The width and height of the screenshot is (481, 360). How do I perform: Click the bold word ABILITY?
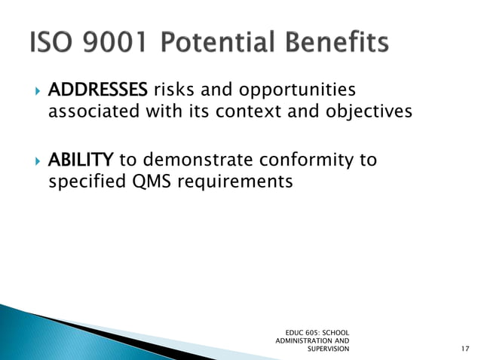(x=81, y=160)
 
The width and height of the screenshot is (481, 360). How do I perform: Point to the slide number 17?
(x=464, y=349)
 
